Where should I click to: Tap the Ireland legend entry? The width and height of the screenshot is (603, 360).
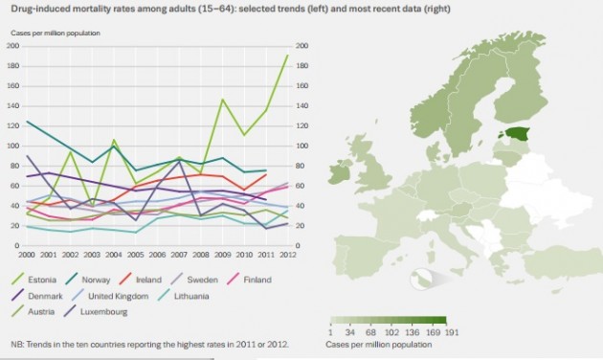point(167,280)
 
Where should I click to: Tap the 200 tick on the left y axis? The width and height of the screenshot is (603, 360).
point(13,46)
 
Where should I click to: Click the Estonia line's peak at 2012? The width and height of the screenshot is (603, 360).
point(286,56)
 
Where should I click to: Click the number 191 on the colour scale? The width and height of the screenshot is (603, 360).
point(451,333)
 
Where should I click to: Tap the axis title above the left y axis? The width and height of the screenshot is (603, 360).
point(56,33)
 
